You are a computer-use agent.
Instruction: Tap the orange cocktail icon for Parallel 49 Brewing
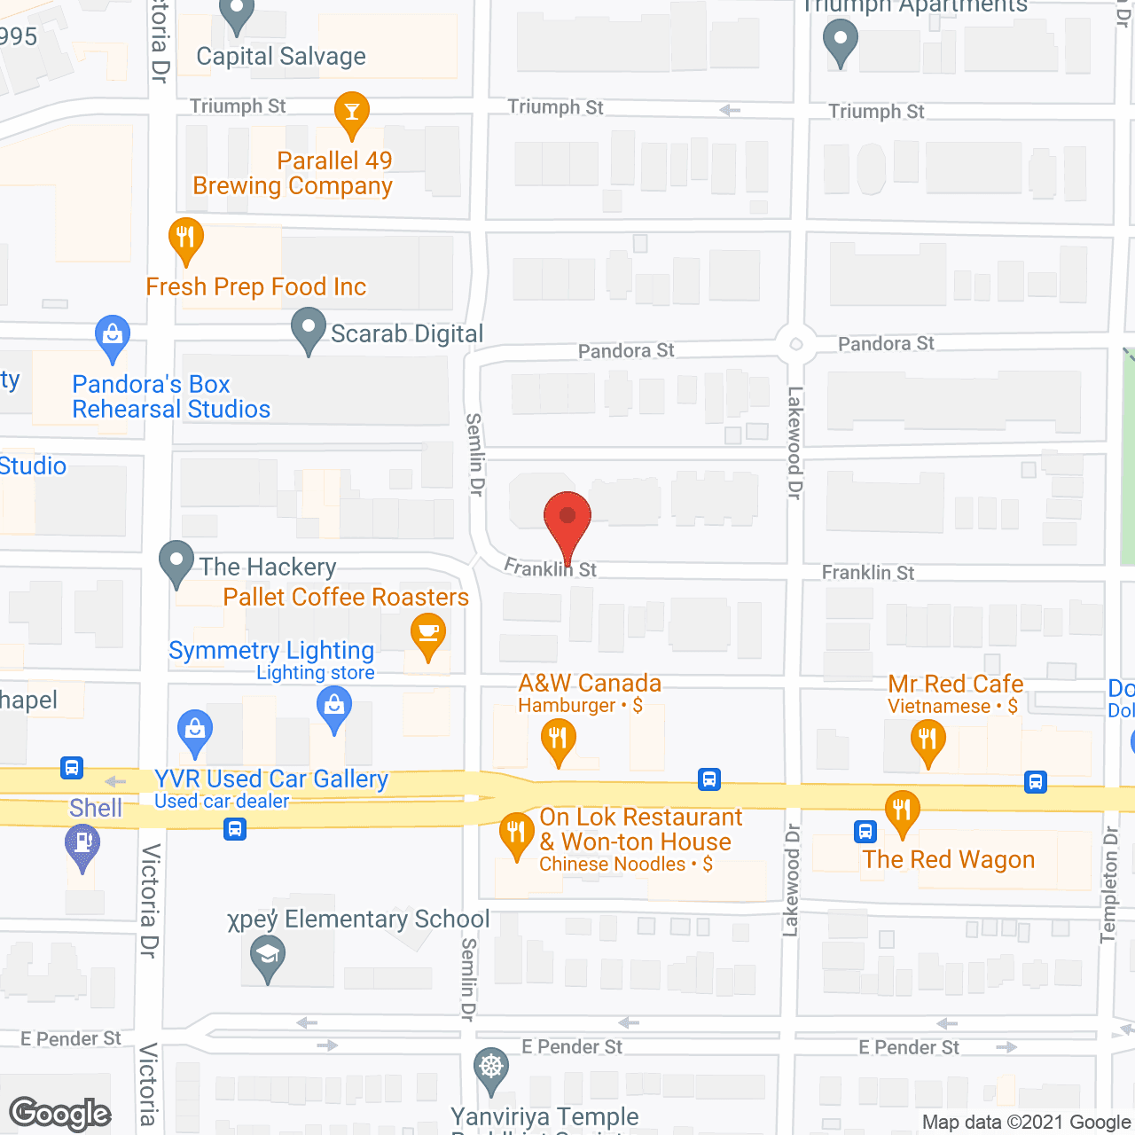tap(352, 113)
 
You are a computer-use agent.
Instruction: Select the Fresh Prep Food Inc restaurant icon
tap(186, 239)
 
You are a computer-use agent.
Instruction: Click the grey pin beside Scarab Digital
tap(309, 329)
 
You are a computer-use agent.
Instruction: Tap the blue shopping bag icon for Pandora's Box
tap(113, 337)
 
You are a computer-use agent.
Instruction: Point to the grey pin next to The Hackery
tap(176, 562)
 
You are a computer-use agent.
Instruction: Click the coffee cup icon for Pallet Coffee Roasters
tap(428, 634)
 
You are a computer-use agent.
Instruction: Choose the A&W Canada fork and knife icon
tap(558, 739)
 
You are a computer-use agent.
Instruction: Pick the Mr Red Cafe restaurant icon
tap(928, 739)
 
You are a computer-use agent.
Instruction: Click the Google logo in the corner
tap(60, 1114)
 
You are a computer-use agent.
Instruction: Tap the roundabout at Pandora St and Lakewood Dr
tap(795, 345)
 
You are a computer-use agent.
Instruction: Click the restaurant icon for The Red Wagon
tap(902, 811)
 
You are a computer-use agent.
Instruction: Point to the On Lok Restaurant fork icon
tap(516, 834)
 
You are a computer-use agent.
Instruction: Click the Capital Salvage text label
tap(281, 57)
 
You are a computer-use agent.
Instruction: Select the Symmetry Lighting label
tap(271, 651)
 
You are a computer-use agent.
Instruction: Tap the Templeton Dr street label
tap(1110, 884)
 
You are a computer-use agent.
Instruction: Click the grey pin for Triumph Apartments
tap(840, 40)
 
